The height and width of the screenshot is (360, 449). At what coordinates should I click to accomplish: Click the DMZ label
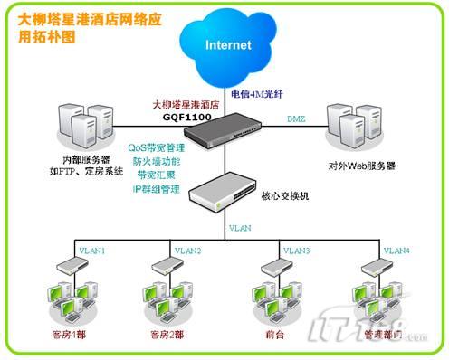click(297, 119)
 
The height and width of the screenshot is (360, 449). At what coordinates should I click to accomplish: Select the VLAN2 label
click(186, 250)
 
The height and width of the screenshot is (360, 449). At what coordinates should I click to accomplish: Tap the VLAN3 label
click(296, 250)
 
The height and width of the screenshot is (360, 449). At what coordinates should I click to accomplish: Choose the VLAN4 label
click(396, 250)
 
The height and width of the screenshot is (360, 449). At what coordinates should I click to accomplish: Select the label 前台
click(276, 334)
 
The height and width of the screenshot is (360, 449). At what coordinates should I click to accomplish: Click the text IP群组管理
click(158, 188)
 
